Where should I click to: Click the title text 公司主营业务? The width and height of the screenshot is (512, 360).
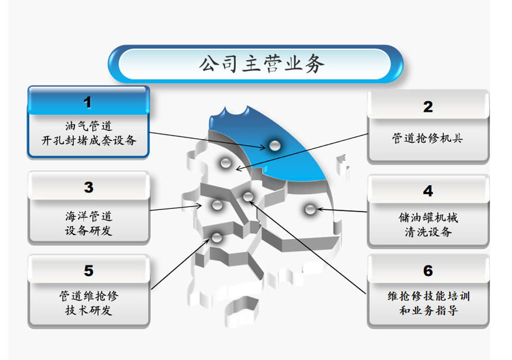pyautogui.click(x=261, y=64)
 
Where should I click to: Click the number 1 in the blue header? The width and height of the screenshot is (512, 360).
pyautogui.click(x=87, y=102)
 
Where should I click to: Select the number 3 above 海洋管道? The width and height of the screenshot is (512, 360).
pyautogui.click(x=89, y=187)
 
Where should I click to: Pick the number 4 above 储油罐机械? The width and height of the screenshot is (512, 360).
pyautogui.click(x=427, y=191)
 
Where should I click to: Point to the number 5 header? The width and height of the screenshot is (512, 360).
pyautogui.click(x=89, y=271)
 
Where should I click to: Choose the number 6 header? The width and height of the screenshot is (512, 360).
pyautogui.click(x=427, y=271)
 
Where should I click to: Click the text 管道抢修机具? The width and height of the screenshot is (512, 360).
pyautogui.click(x=427, y=138)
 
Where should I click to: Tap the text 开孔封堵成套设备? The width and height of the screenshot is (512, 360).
pyautogui.click(x=89, y=140)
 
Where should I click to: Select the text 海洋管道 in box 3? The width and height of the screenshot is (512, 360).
pyautogui.click(x=89, y=216)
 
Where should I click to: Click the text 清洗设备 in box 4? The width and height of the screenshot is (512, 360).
pyautogui.click(x=428, y=231)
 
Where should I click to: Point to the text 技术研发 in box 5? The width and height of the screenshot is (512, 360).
pyautogui.click(x=89, y=310)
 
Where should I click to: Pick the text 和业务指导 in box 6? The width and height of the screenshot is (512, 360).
pyautogui.click(x=428, y=310)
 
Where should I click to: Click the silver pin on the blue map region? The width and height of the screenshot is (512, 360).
pyautogui.click(x=274, y=146)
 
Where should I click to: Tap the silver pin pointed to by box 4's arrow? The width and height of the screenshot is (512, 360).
pyautogui.click(x=310, y=209)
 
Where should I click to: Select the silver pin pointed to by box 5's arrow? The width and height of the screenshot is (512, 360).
pyautogui.click(x=217, y=237)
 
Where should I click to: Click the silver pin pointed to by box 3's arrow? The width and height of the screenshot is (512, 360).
pyautogui.click(x=217, y=205)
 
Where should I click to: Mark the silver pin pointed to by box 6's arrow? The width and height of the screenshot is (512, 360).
pyautogui.click(x=248, y=196)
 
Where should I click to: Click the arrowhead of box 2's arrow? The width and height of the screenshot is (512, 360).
pyautogui.click(x=238, y=169)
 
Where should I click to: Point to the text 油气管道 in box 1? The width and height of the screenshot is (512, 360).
pyautogui.click(x=89, y=126)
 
